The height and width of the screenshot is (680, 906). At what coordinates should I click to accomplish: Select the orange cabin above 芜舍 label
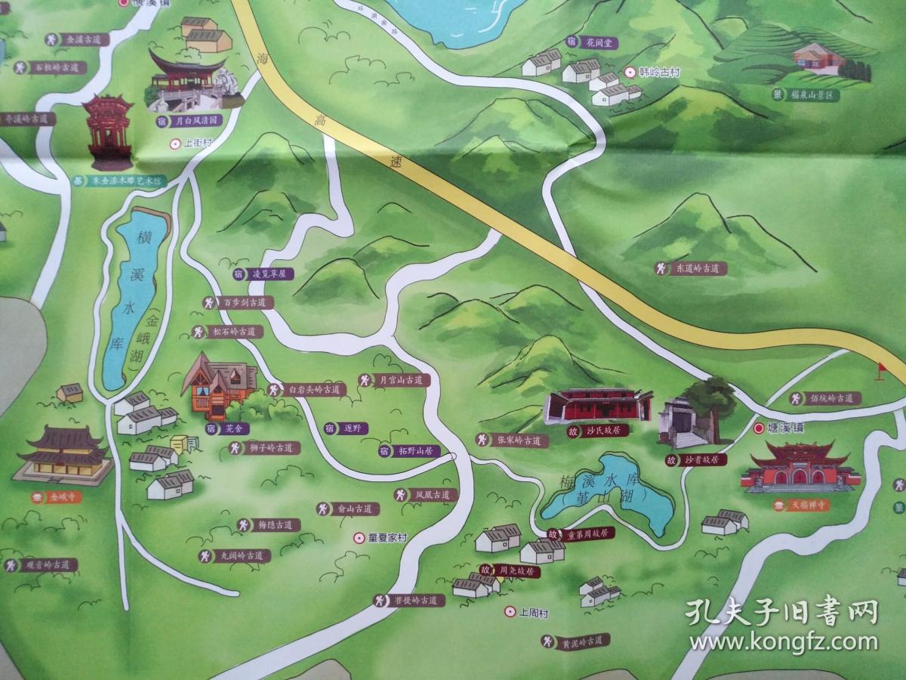(220, 385)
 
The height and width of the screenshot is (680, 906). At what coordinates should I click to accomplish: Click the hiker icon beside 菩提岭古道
(380, 600)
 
